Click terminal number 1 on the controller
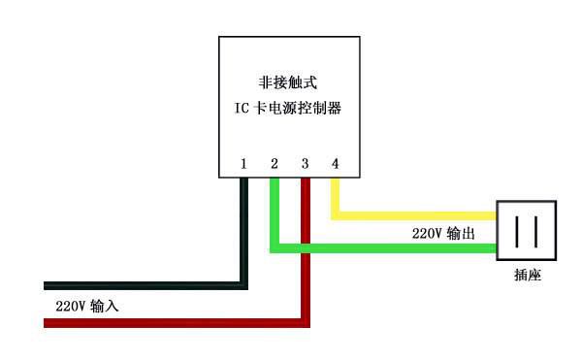point(243,163)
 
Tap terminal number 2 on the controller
point(275,163)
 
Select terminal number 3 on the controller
point(305,163)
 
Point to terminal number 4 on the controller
point(336,163)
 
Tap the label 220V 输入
point(86,306)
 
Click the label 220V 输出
point(443,234)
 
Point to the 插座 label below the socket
point(528,275)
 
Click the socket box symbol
point(528,230)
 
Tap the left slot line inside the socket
point(518,231)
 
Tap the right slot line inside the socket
point(536,231)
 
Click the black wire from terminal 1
point(145,285)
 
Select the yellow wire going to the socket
point(417,214)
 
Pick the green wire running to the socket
point(388,248)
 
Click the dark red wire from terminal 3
point(175,322)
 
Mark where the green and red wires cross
point(305,248)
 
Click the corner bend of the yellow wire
point(336,214)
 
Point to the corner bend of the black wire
point(243,285)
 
